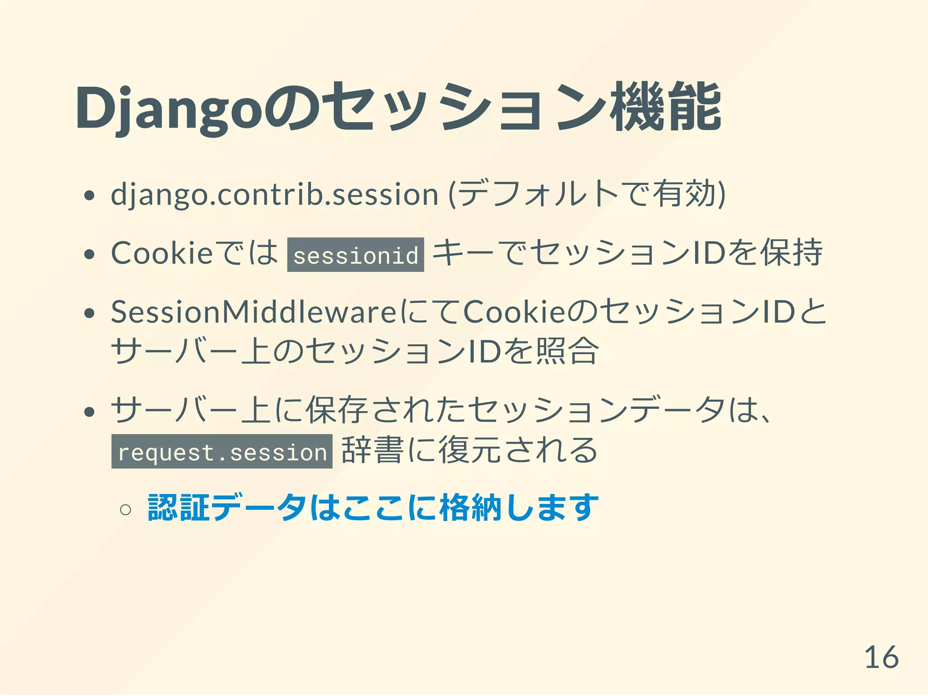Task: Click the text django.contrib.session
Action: click(x=275, y=194)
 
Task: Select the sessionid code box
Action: click(x=356, y=255)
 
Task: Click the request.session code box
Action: click(x=222, y=451)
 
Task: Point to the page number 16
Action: click(x=881, y=657)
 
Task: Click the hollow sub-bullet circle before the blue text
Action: click(x=126, y=510)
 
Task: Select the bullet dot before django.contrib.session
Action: click(x=89, y=195)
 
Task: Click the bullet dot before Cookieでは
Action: click(x=89, y=254)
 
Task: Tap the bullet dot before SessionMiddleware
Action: click(x=89, y=313)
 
